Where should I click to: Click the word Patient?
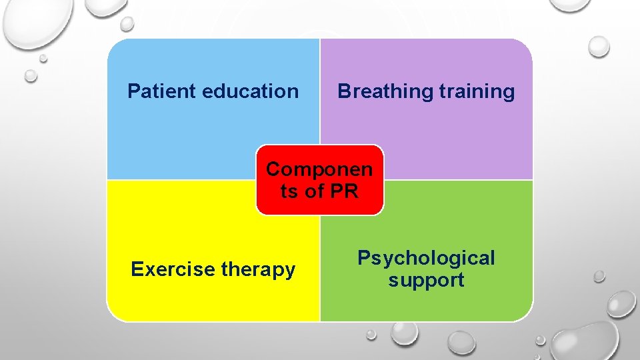click(x=161, y=91)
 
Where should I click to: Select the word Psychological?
click(x=427, y=258)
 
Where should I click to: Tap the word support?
click(x=427, y=280)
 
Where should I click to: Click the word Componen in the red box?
click(x=319, y=169)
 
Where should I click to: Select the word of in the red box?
click(x=313, y=192)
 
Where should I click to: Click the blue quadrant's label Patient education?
click(x=213, y=91)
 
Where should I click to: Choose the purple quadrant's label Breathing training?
click(x=427, y=91)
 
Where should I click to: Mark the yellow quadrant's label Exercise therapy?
click(x=213, y=269)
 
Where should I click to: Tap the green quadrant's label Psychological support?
click(x=427, y=269)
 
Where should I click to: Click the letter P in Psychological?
click(x=364, y=258)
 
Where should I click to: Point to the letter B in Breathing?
click(x=344, y=91)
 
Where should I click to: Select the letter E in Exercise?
click(x=137, y=269)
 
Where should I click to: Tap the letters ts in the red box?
click(x=289, y=192)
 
